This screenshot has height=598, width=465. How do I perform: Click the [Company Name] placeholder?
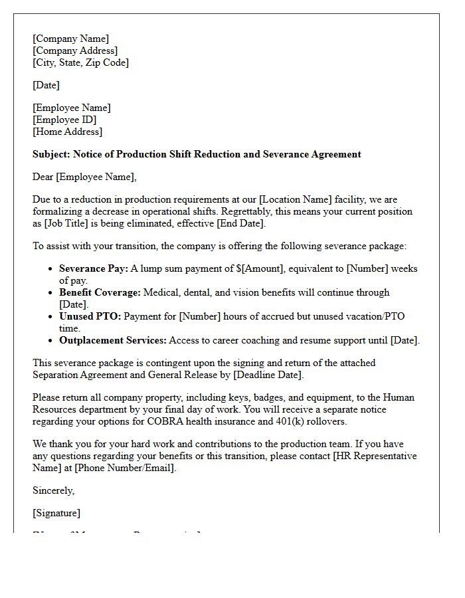click(70, 39)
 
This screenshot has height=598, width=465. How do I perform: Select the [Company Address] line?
click(75, 50)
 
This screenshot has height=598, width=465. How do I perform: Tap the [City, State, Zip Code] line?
click(80, 62)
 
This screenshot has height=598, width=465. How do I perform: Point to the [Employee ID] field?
click(64, 120)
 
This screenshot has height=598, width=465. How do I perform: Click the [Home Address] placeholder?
click(67, 132)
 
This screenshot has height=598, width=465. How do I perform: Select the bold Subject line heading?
click(197, 154)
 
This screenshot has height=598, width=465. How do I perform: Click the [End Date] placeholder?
click(238, 223)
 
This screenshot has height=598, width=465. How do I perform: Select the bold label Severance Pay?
click(93, 269)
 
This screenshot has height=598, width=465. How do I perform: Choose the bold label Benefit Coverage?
click(100, 292)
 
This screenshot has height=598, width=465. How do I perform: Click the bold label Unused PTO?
click(90, 316)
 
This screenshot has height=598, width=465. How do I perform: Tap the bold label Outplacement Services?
click(112, 340)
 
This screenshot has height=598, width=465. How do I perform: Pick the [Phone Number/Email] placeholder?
click(125, 468)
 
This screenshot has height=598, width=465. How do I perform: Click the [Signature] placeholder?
click(56, 513)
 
